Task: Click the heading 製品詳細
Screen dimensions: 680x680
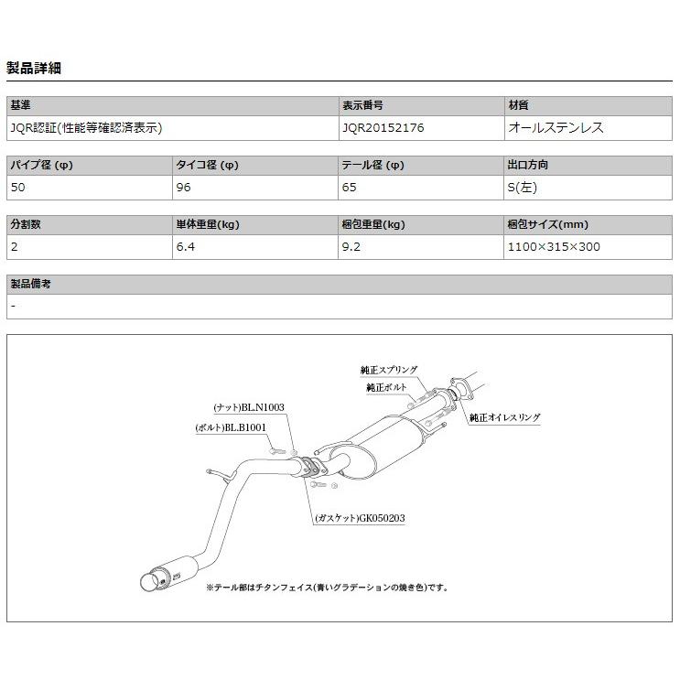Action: (x=34, y=68)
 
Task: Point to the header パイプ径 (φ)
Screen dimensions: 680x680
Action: (x=41, y=166)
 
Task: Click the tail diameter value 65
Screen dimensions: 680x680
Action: (x=350, y=188)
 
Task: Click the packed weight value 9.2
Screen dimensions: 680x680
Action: (x=351, y=246)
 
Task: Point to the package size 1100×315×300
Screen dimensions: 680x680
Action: (x=554, y=246)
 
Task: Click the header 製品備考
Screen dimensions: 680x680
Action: (x=30, y=284)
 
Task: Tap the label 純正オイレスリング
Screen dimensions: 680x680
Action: (x=504, y=417)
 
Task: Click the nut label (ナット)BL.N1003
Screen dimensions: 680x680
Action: (x=250, y=407)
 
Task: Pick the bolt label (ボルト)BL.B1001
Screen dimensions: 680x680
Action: (x=231, y=427)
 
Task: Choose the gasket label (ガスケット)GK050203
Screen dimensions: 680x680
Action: (x=359, y=518)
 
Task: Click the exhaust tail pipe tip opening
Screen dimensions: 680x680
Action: (x=146, y=582)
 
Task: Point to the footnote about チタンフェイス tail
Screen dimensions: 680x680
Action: (x=327, y=587)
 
